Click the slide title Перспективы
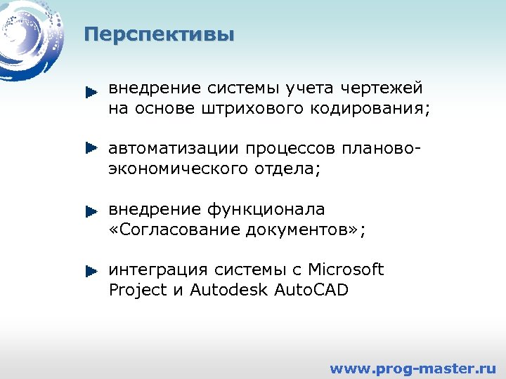coord(159,34)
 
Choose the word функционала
coord(266,210)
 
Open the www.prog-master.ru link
coord(413,368)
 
